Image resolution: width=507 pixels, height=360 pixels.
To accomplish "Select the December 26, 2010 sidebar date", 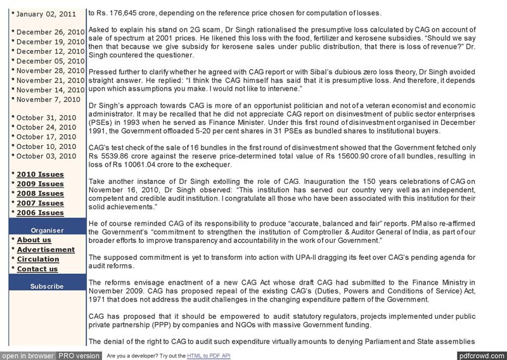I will [50, 32].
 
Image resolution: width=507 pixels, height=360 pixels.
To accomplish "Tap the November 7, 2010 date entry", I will [48, 99].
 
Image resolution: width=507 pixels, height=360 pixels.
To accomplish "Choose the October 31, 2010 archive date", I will [46, 117].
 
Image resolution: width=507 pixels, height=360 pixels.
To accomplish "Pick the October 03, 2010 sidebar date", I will [46, 156].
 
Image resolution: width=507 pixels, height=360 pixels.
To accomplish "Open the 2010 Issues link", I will [40, 174].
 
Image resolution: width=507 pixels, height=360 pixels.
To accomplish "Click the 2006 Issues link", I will [40, 213].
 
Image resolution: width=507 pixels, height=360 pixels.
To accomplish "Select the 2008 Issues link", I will [40, 193].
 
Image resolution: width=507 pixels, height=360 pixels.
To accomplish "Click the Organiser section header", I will [47, 230].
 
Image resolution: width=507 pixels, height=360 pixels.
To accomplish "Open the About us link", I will [34, 240].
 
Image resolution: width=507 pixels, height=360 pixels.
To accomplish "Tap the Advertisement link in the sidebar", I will [46, 250].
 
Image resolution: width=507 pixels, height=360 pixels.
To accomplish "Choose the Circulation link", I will [38, 259].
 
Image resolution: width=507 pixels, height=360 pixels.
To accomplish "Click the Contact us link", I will [37, 269].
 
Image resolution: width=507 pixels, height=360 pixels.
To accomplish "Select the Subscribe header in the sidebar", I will [47, 286].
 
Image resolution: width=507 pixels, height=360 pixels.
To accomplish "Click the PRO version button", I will [79, 356].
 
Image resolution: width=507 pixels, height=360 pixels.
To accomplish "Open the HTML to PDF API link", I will [209, 356].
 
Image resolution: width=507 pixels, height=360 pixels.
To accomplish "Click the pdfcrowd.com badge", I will [481, 356].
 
